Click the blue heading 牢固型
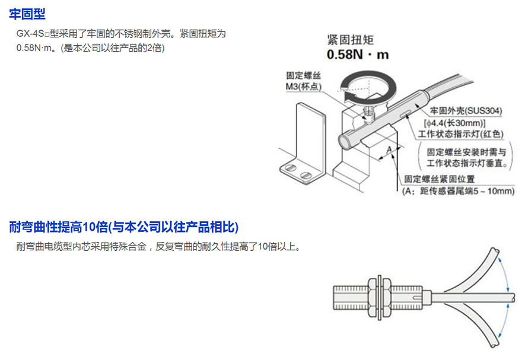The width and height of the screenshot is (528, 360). (27, 14)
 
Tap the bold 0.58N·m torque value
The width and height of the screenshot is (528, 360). (358, 55)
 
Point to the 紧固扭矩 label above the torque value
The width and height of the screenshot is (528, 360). (351, 40)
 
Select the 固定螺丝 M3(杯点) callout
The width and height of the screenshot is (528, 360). (303, 81)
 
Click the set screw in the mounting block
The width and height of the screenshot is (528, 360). (370, 114)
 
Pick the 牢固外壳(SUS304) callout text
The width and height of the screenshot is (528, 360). (466, 110)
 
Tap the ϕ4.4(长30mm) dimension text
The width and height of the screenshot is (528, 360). (454, 123)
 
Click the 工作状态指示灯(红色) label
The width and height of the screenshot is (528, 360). (460, 134)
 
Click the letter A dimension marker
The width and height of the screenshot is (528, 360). (389, 149)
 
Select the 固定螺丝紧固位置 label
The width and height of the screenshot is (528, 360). (440, 179)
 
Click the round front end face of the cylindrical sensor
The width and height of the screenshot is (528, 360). (345, 142)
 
